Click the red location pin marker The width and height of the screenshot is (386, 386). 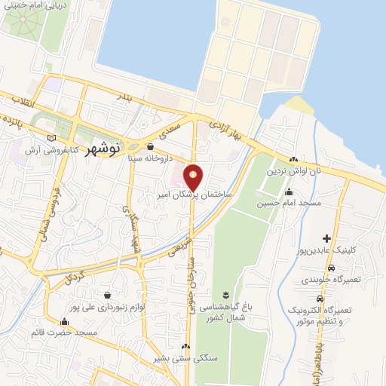coord(194,178)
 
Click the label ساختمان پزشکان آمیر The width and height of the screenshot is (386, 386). coord(201,195)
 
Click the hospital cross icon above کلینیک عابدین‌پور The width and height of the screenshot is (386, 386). coord(326,238)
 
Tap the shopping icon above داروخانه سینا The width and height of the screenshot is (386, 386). coord(153,147)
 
